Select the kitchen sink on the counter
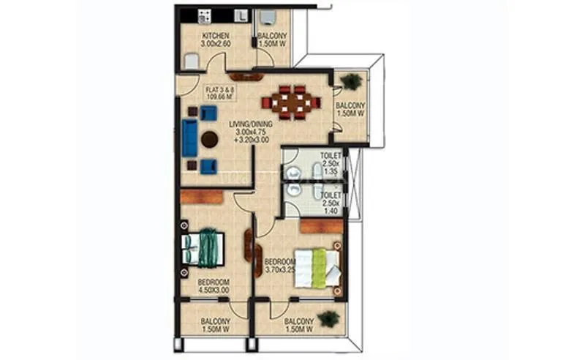[x=241, y=14]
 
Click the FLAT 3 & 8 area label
[x=221, y=91]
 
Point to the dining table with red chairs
[x=295, y=102]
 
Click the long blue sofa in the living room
[x=189, y=138]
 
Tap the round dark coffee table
[x=211, y=139]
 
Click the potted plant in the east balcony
[x=351, y=82]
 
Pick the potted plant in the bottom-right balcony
[x=329, y=318]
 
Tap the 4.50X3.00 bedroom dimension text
[x=214, y=290]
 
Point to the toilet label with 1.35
[x=331, y=165]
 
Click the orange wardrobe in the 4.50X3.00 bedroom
[x=202, y=196]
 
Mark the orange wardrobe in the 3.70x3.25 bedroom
[x=321, y=226]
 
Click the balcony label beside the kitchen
[x=272, y=40]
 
